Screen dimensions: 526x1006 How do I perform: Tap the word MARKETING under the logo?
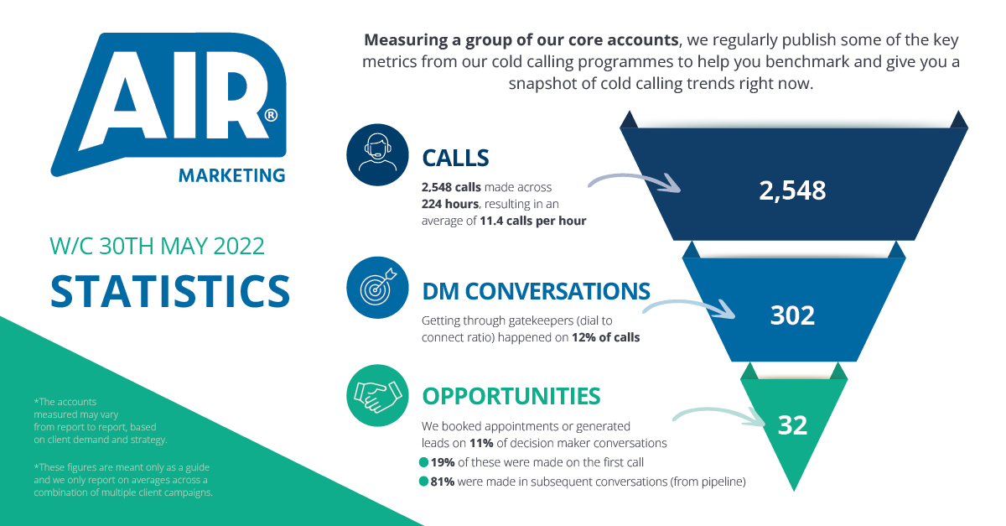[232, 175]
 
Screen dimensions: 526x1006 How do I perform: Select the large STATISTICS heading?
[170, 289]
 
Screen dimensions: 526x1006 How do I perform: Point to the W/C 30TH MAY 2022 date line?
[158, 247]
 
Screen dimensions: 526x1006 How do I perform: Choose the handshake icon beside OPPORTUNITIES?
[377, 393]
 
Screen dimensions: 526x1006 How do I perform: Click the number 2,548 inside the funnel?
[792, 190]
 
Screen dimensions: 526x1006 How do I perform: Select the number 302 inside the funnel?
[792, 315]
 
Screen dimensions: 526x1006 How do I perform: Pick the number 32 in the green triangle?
[792, 424]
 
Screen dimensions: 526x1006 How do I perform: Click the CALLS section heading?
[455, 157]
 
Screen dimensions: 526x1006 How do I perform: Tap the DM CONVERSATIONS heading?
[536, 291]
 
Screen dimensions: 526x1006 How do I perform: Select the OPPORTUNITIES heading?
[511, 396]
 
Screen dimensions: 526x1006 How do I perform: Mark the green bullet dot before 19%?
[423, 461]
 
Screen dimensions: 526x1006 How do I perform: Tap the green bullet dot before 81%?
[423, 482]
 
